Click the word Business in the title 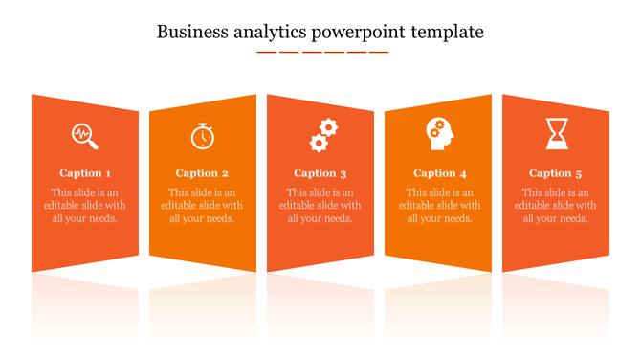190,32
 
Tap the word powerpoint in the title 359,34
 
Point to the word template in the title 449,33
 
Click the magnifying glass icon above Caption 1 85,136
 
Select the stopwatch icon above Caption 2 202,136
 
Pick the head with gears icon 440,134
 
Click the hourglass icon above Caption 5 556,134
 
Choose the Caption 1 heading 85,173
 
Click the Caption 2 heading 202,173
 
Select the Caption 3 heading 320,173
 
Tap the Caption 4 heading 440,173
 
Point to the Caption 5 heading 555,173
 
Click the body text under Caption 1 85,205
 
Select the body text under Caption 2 202,205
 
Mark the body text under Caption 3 320,205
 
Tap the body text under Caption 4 440,205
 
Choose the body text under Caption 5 555,205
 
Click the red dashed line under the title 322,52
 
